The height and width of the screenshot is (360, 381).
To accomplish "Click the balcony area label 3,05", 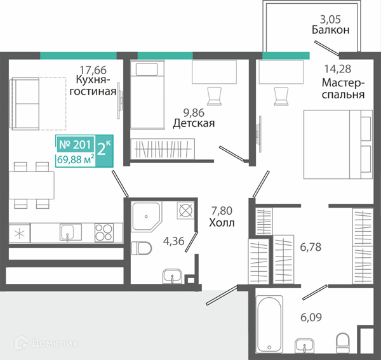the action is click(330, 20).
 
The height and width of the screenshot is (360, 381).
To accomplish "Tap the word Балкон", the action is click(330, 30).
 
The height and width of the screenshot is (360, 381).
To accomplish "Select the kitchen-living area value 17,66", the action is click(93, 70).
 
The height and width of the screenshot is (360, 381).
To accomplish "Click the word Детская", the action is click(194, 123).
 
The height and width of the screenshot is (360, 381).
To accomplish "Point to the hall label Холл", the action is click(222, 222).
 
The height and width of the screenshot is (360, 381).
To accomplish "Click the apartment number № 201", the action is click(75, 145).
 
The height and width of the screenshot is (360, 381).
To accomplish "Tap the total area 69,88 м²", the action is click(76, 160).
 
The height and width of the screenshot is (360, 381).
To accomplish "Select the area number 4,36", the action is click(174, 241).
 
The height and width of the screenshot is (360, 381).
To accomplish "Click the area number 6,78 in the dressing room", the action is click(311, 247).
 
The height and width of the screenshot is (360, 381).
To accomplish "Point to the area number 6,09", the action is click(311, 317).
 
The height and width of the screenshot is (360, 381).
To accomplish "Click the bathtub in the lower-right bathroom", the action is click(269, 324).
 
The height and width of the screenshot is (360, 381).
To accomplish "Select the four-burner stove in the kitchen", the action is click(104, 232).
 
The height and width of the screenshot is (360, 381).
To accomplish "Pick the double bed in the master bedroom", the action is click(338, 145).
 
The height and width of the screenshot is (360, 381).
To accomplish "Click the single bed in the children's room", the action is click(147, 95).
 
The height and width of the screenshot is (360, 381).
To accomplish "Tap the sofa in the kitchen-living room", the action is click(25, 103).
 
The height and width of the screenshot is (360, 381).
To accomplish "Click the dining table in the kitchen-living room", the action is click(32, 185).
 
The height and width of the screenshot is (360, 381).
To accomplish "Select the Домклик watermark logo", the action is click(46, 343).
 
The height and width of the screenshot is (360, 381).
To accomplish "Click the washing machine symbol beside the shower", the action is click(185, 210).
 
